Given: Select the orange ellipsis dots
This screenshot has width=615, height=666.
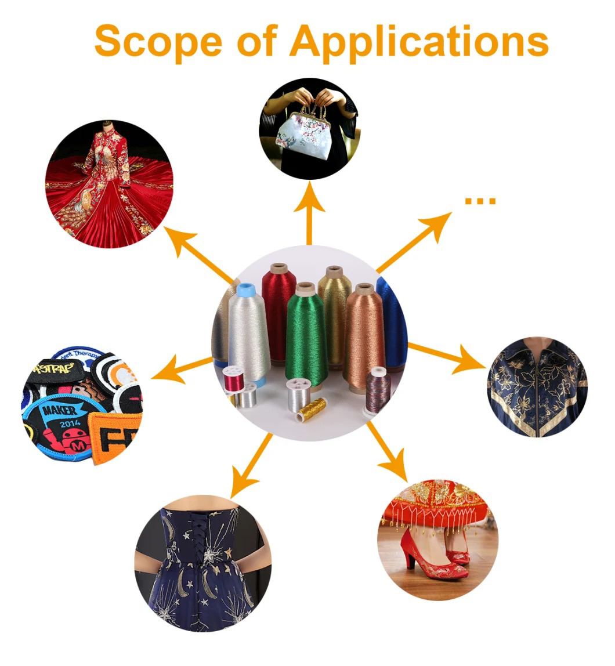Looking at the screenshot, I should coord(480,201).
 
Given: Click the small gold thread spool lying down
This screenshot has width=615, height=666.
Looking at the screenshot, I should coord(312,410).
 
